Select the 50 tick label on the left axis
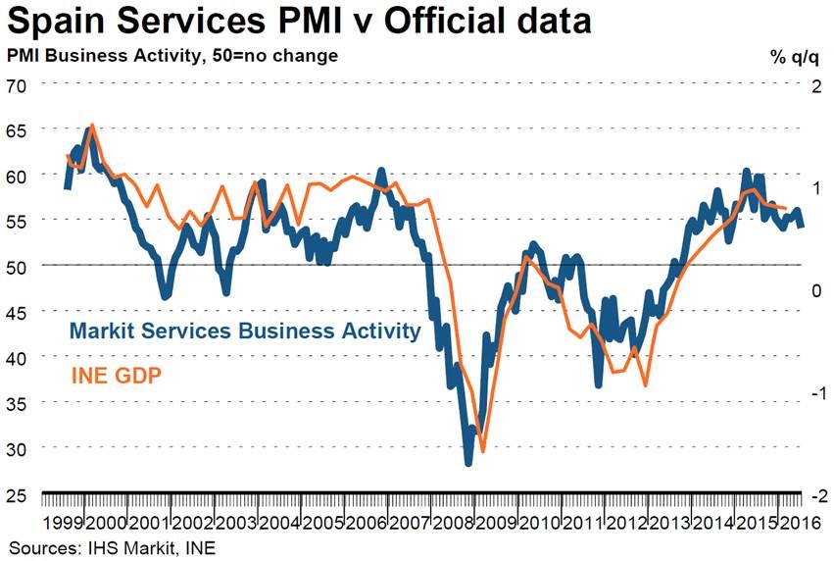[x=19, y=266]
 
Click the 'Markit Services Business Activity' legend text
[x=243, y=331]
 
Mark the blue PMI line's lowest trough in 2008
[x=468, y=463]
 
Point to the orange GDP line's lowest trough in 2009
[x=482, y=451]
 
